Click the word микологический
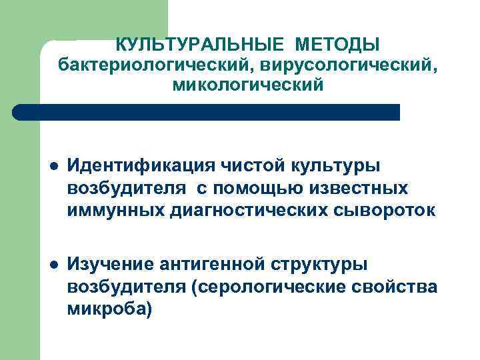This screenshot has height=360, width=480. pos(247,85)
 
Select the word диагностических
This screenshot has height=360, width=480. pos(244,211)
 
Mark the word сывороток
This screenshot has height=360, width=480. pos(383,211)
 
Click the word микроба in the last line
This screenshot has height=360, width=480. pos(107,311)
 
